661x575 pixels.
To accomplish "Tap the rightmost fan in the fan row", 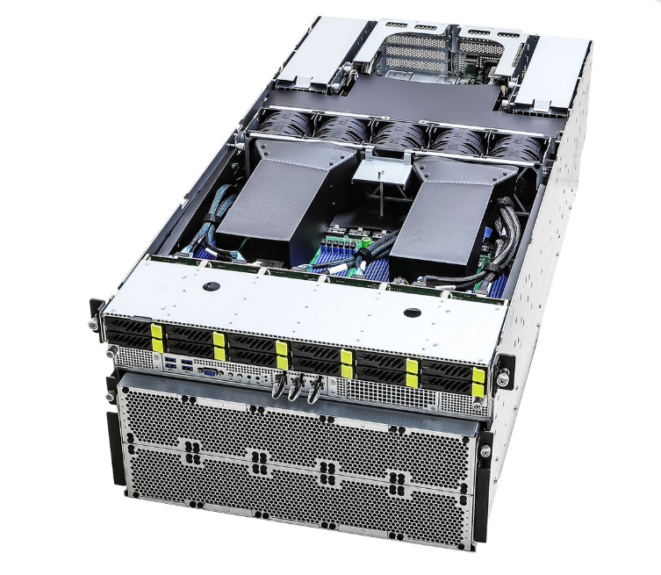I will (x=516, y=146).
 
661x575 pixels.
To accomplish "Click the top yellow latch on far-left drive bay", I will (x=157, y=331).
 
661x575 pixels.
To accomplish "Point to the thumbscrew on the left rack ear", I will (x=93, y=324).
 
